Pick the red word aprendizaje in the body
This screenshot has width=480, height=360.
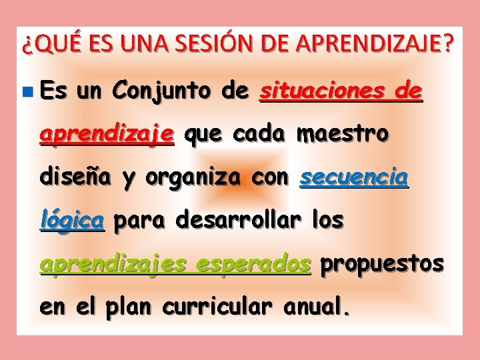point(107,135)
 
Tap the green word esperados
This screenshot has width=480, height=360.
point(264,265)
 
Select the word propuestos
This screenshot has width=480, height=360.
point(382,265)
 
